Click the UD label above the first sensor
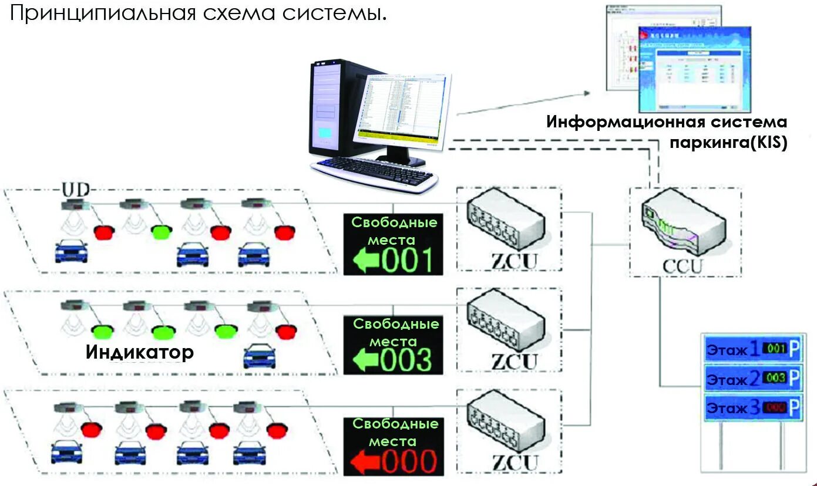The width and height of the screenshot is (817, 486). point(76,191)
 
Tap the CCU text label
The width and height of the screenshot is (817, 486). point(683,266)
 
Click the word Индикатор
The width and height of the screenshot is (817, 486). point(140,352)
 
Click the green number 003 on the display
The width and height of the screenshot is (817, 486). point(407,359)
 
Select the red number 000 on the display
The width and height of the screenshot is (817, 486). point(409,461)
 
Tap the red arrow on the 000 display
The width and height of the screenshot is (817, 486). point(365,461)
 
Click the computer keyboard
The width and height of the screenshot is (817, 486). point(373,171)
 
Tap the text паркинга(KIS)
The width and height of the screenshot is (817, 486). point(728,143)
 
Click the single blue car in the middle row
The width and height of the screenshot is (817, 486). point(259,355)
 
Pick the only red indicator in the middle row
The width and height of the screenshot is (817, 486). point(285,332)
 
